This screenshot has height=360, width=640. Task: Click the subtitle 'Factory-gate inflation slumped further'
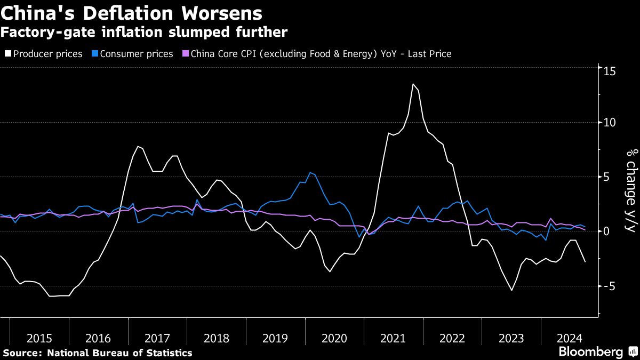(x=144, y=32)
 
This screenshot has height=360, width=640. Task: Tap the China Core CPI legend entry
(x=321, y=54)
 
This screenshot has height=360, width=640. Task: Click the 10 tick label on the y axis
(x=610, y=122)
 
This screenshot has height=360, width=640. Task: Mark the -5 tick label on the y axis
(x=610, y=286)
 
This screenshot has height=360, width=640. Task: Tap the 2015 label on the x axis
(x=39, y=338)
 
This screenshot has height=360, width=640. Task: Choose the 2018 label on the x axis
(x=216, y=338)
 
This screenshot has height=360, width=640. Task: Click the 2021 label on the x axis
(x=393, y=338)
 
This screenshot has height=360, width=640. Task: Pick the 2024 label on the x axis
(x=570, y=338)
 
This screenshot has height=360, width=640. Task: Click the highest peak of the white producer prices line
(x=413, y=84)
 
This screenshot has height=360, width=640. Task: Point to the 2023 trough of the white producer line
(x=511, y=290)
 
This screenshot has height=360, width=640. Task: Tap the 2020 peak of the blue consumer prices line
(x=310, y=172)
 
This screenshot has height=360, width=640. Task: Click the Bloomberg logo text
(x=590, y=352)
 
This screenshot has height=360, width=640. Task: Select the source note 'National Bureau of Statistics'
(x=120, y=353)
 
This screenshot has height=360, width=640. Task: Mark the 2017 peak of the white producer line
(x=138, y=146)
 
